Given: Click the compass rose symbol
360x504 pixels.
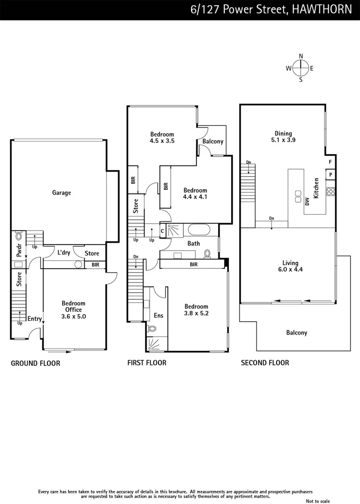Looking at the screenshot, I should (x=301, y=68).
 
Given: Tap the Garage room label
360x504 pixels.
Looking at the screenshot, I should (x=62, y=193).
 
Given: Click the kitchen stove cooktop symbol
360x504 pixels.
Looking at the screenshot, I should (x=331, y=191).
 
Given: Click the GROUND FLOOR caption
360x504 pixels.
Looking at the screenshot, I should (x=35, y=363).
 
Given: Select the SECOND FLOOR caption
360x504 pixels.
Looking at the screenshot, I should (x=265, y=363).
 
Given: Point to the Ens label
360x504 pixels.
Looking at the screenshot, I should (x=159, y=315).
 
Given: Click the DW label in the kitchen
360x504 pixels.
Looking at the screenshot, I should (x=307, y=202).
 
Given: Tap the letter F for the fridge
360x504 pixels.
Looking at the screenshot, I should (x=330, y=162).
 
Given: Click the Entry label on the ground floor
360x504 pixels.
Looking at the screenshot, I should (x=35, y=319).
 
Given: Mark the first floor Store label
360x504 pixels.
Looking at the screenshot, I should (x=136, y=206).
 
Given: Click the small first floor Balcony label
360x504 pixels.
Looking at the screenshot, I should (x=213, y=141).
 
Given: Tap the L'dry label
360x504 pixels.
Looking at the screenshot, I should (x=64, y=252).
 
